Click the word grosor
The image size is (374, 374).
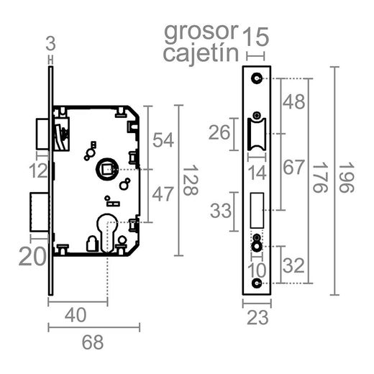[200, 32]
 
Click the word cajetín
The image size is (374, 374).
[201, 54]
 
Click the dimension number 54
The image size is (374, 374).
[163, 140]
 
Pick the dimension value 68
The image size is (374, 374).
[91, 343]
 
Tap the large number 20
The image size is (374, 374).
[33, 255]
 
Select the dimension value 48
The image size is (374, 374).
[294, 103]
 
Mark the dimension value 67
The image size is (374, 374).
[294, 168]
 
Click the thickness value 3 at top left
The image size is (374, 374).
[50, 42]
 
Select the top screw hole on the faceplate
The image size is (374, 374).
[257, 78]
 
